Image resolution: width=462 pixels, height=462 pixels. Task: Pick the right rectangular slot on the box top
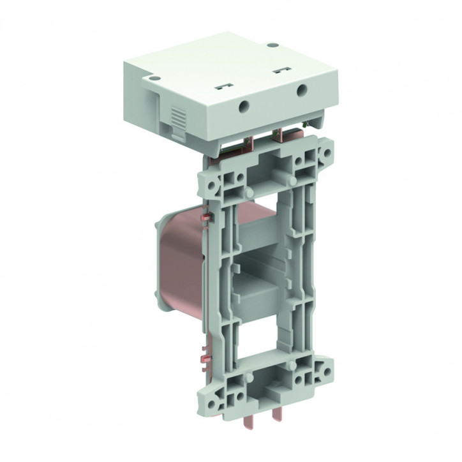(x=279, y=70)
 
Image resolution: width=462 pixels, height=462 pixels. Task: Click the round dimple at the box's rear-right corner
(x=272, y=45)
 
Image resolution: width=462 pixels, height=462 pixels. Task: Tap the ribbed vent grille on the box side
(x=179, y=119)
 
